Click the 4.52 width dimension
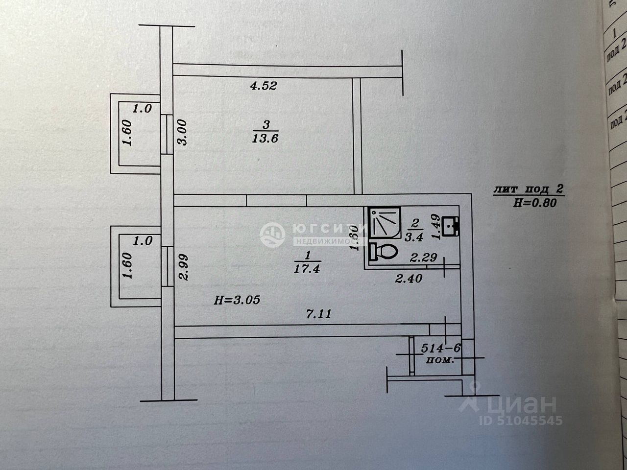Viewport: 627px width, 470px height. [264, 87]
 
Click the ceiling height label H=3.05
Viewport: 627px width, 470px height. [237, 301]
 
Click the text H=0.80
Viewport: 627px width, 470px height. [534, 203]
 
